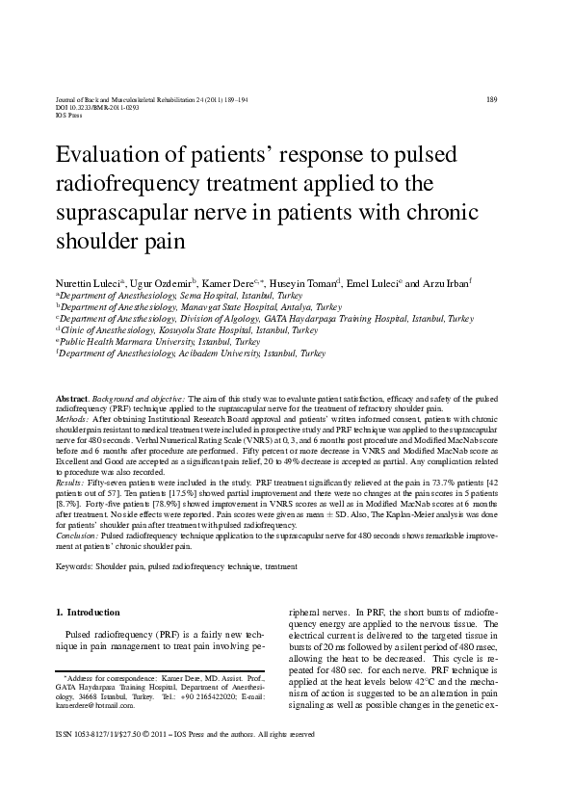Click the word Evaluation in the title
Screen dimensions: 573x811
click(112, 157)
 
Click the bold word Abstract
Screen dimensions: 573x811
click(72, 398)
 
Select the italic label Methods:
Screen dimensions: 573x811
click(73, 421)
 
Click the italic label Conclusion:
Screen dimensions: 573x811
click(78, 533)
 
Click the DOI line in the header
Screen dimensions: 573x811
click(99, 108)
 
